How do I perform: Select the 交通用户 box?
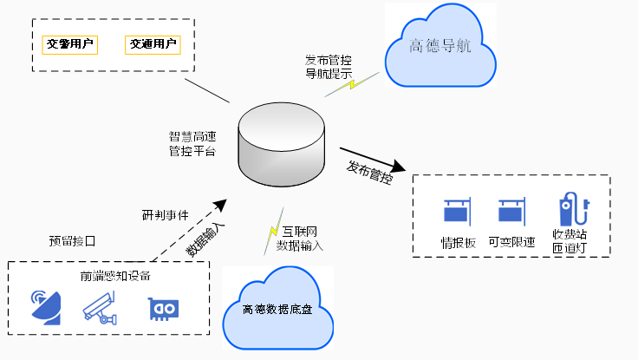[x=153, y=43]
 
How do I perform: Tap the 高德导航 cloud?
[x=440, y=48]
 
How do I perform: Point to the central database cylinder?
[x=281, y=145]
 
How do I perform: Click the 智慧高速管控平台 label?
[x=192, y=144]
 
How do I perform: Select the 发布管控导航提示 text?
[x=328, y=67]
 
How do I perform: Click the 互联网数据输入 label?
[x=300, y=239]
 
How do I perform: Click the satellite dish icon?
[x=46, y=306]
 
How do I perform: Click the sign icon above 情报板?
[x=458, y=213]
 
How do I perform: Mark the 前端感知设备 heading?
[x=115, y=276]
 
